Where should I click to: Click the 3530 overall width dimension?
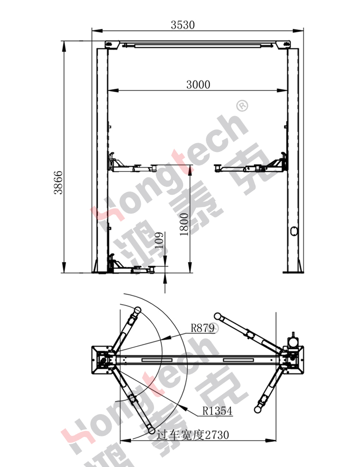pos(183,25)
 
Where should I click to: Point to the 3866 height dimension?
pos(58,182)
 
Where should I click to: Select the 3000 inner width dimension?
pos(198,84)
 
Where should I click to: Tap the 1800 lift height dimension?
pos(184,224)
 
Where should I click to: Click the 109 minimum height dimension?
pos(159,240)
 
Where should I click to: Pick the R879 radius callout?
pos(202,328)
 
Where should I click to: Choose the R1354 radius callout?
pos(217,411)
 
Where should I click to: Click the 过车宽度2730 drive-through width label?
pos(193,435)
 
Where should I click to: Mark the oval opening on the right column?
pos(293,231)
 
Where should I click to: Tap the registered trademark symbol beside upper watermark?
pos(242,106)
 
